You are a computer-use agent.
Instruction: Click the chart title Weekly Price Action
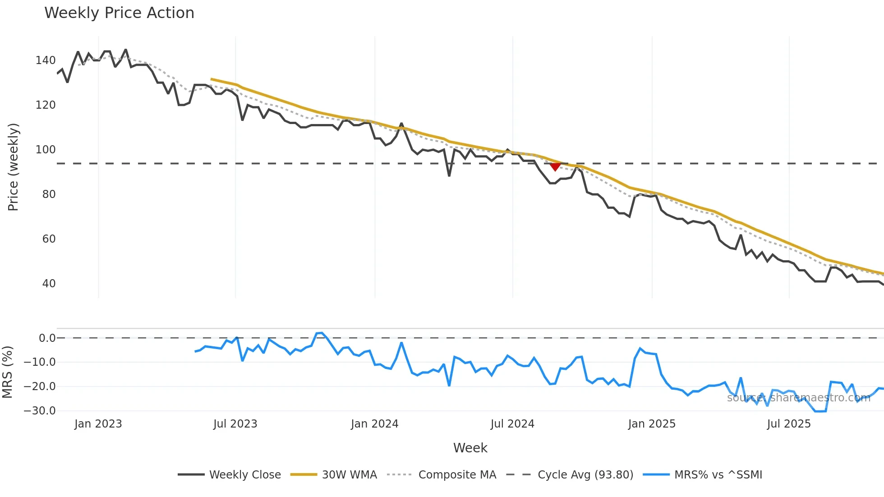coord(119,13)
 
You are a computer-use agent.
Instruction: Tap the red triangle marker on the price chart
coord(555,167)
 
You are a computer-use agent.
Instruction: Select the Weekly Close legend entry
coord(230,475)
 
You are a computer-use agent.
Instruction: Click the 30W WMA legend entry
coord(334,475)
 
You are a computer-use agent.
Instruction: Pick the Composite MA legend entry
coord(442,475)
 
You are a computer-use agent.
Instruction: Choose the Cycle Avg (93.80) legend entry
coord(570,475)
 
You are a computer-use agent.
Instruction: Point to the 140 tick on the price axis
coord(46,60)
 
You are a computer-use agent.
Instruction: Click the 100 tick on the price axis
coord(46,150)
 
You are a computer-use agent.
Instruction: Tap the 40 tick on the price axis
coord(49,284)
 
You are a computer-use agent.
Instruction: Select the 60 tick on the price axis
coord(49,239)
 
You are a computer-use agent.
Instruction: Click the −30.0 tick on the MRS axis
coord(40,411)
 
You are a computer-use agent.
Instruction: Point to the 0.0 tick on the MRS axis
coord(47,338)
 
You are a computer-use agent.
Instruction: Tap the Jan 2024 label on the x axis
coord(374,424)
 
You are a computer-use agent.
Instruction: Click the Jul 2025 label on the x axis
coord(789,424)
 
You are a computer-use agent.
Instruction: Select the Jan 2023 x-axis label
coord(98,424)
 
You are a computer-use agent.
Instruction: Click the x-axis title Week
coord(470,448)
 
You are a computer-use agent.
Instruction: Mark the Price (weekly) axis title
coord(13,167)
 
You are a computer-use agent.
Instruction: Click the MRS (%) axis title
coord(7,372)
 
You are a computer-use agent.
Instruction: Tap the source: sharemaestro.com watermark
coord(798,398)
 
